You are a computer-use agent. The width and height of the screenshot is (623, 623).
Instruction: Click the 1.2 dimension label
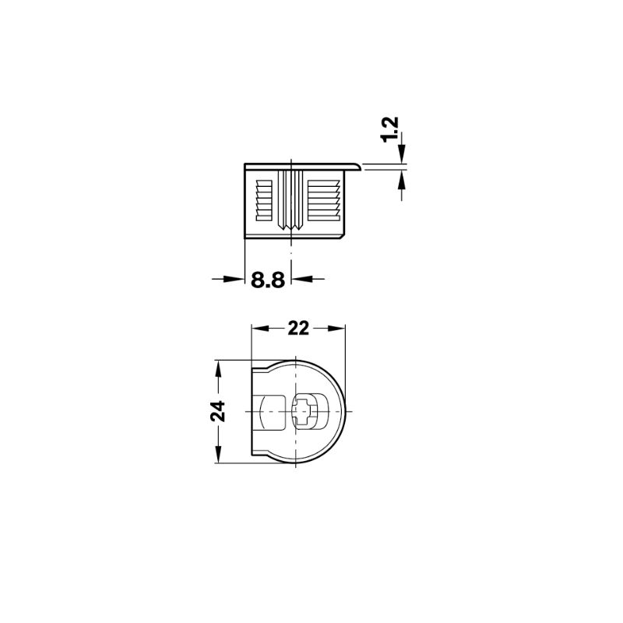click(x=391, y=128)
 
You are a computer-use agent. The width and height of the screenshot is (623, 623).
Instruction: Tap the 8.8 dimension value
click(x=266, y=280)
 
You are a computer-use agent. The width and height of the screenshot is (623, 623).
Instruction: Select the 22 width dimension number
click(x=297, y=328)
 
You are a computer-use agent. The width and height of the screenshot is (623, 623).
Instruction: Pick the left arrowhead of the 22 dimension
click(x=259, y=328)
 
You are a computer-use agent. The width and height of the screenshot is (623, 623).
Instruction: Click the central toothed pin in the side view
click(x=290, y=199)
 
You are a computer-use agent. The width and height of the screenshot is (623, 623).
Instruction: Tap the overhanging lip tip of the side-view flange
click(x=360, y=165)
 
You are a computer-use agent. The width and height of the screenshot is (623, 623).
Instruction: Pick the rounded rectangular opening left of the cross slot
click(x=271, y=410)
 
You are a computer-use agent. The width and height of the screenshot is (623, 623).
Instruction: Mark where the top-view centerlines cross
click(x=298, y=410)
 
